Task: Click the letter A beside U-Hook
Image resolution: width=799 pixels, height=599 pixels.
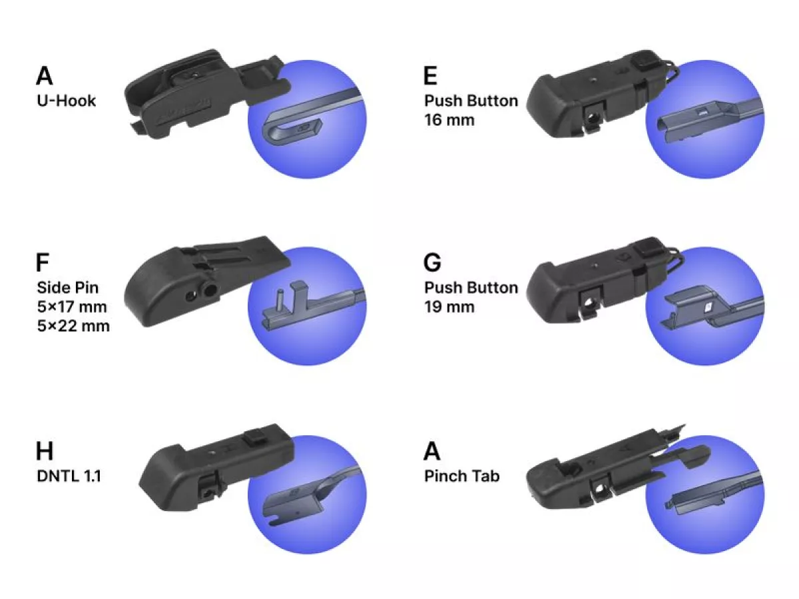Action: (x=45, y=76)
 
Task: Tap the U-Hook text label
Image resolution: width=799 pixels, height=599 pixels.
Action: (x=66, y=100)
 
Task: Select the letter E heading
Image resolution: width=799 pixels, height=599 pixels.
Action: (x=430, y=76)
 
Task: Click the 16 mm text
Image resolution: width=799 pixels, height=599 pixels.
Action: (x=449, y=120)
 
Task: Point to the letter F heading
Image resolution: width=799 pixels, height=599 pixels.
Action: (x=42, y=262)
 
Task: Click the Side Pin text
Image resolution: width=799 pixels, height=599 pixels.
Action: (x=68, y=288)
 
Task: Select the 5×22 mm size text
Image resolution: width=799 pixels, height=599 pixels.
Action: (x=73, y=325)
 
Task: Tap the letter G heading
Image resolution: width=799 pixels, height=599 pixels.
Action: (x=432, y=262)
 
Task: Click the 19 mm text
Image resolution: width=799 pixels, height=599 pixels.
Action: (x=449, y=307)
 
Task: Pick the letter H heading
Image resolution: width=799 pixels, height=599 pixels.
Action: (x=45, y=451)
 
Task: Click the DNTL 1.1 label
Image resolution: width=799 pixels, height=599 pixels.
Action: (x=69, y=476)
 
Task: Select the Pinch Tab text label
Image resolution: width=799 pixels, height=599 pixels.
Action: (x=461, y=476)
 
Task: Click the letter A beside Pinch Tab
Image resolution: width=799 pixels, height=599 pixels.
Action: (x=431, y=451)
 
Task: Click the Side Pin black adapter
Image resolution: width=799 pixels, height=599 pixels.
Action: (x=204, y=280)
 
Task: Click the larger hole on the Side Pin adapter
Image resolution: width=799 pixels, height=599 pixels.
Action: (x=210, y=290)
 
